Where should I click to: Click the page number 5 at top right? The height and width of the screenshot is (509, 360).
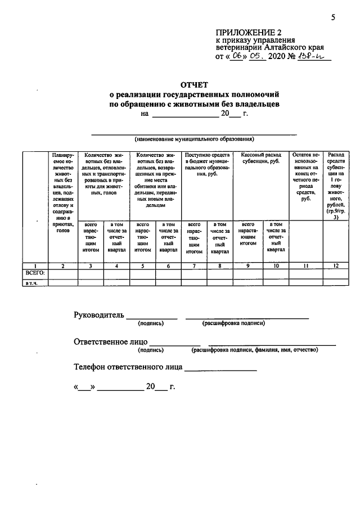tap(333, 17)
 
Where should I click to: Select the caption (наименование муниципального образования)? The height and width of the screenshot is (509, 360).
tap(194, 138)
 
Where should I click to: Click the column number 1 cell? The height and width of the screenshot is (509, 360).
tap(35, 265)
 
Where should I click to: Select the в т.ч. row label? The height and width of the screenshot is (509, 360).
tap(30, 283)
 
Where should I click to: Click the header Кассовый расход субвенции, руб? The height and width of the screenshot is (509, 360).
tap(261, 159)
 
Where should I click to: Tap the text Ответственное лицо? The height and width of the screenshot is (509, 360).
tap(111, 341)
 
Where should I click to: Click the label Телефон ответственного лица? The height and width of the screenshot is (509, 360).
tap(128, 367)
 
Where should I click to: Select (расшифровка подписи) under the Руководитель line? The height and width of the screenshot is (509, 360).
tap(233, 323)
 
